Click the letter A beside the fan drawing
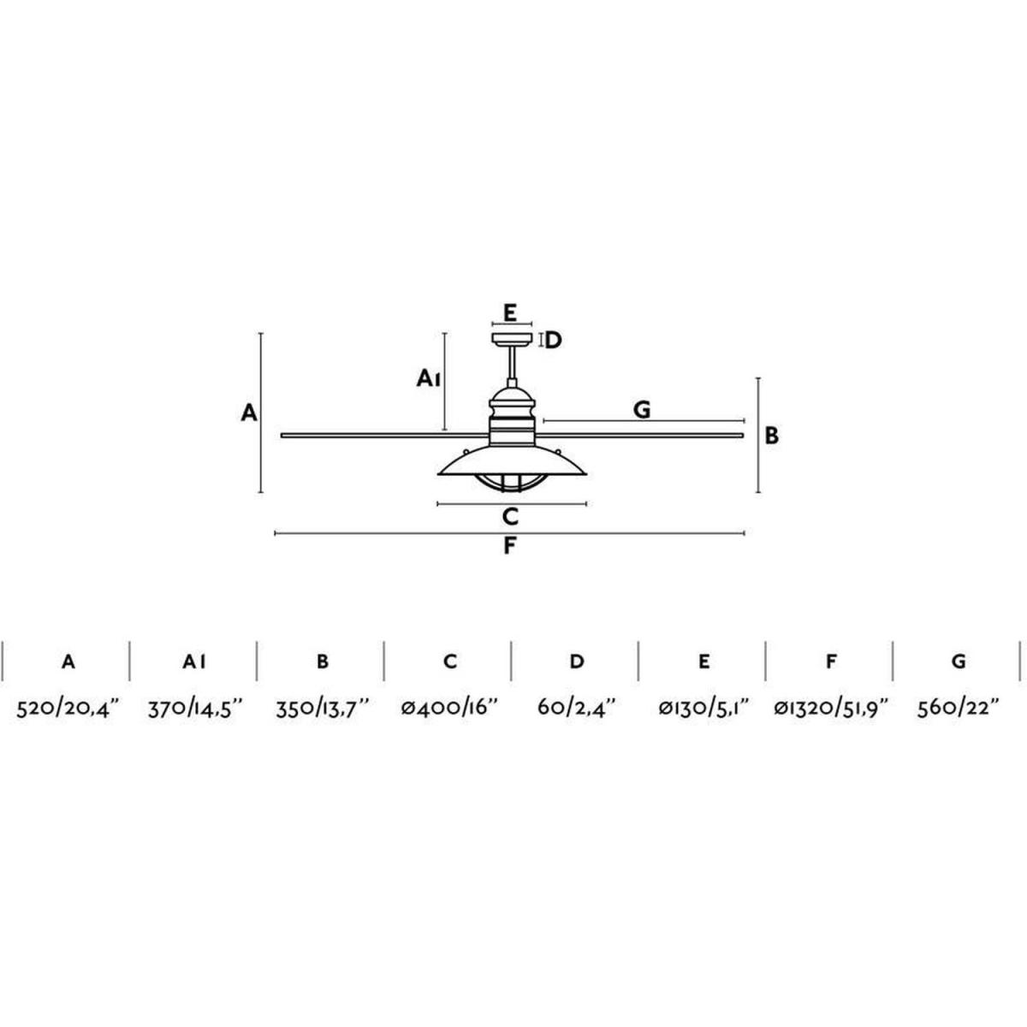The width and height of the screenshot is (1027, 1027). [x=249, y=413]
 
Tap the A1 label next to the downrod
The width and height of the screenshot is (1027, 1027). [x=428, y=378]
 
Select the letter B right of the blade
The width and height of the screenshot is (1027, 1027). [x=771, y=436]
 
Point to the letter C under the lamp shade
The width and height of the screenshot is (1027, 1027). [x=510, y=516]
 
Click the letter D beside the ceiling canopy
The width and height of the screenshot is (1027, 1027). [x=553, y=340]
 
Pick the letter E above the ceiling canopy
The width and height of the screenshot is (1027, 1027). [x=510, y=313]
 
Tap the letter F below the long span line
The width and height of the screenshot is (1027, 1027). [x=510, y=546]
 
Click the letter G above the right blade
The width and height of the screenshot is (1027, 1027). [x=642, y=410]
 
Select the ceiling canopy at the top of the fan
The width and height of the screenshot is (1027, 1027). [x=512, y=340]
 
